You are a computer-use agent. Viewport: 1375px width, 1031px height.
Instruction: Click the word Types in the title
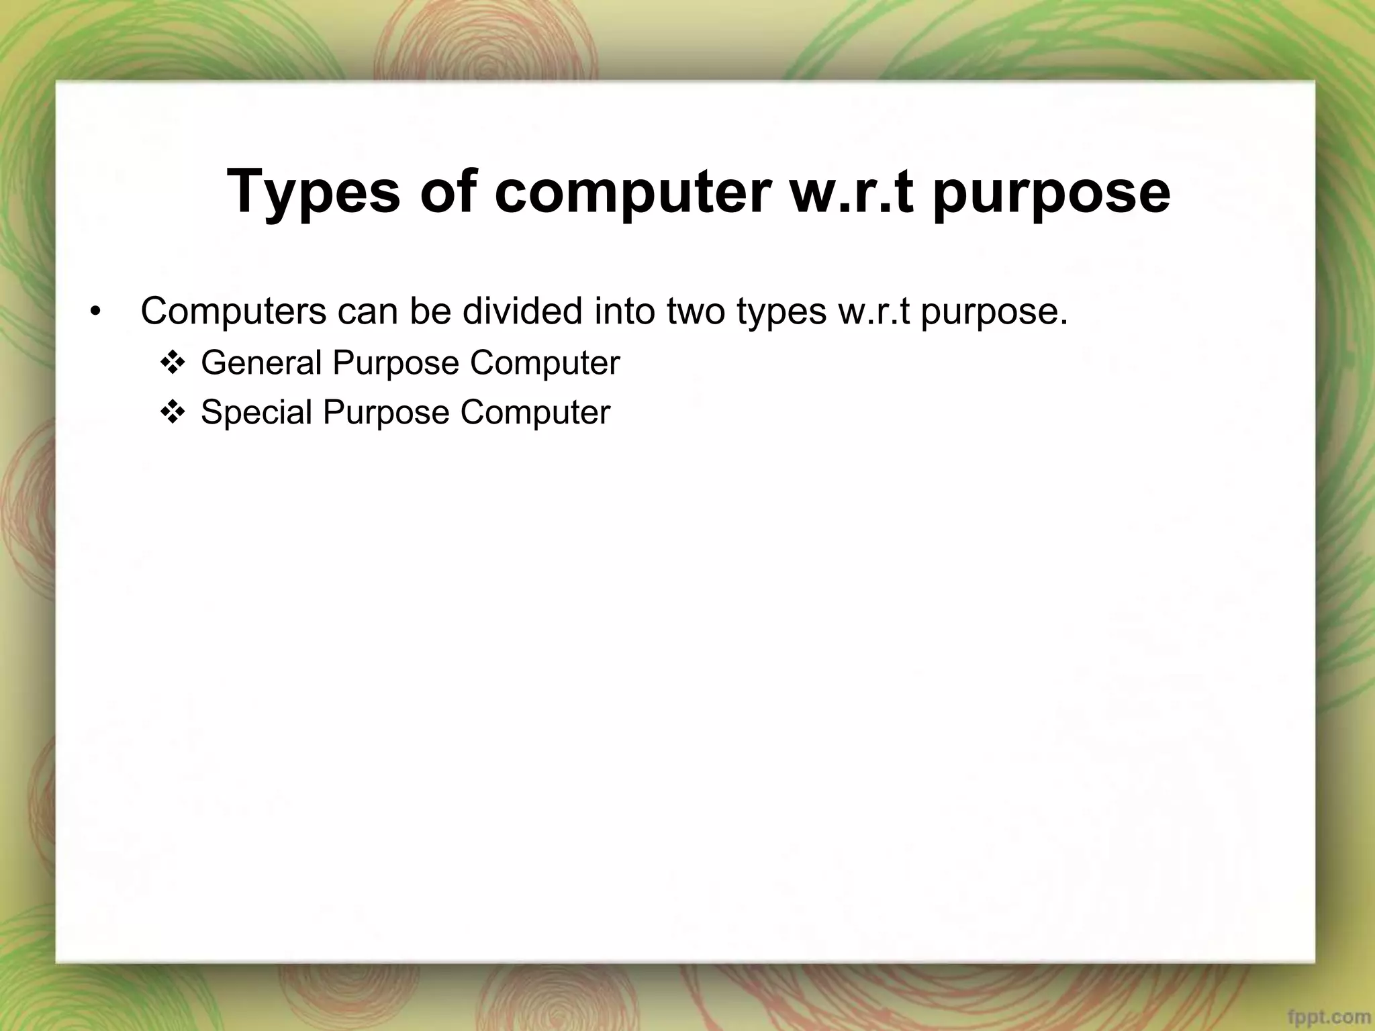tap(314, 193)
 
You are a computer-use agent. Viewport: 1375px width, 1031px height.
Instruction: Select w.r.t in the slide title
tap(851, 193)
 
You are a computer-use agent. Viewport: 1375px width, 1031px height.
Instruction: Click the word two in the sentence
tap(696, 311)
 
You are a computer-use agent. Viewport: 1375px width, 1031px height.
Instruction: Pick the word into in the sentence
tap(624, 311)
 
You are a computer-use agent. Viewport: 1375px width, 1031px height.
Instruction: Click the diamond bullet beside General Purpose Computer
tap(172, 364)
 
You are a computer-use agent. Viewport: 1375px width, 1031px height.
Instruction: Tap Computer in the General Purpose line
tap(544, 363)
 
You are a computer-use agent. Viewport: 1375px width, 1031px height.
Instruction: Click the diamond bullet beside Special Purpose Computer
tap(172, 413)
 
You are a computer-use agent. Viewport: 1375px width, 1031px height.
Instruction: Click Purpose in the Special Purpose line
tap(386, 413)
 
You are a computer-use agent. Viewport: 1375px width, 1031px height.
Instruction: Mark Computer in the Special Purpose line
tap(535, 413)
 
